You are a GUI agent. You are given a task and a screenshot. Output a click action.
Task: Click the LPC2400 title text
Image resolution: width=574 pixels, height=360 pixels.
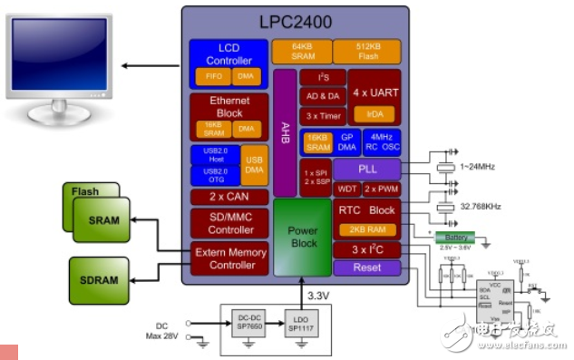[295, 21]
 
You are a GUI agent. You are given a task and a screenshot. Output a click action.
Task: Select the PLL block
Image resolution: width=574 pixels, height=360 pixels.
[366, 169]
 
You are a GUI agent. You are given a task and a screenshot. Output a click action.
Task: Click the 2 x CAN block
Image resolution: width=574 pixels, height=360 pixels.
[229, 197]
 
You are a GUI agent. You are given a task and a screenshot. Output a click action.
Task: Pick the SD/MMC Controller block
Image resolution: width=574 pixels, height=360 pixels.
[229, 223]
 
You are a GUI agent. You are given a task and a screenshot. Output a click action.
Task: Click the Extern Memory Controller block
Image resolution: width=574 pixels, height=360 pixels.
[229, 258]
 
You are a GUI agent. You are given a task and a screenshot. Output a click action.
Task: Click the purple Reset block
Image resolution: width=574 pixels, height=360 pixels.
[365, 268]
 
